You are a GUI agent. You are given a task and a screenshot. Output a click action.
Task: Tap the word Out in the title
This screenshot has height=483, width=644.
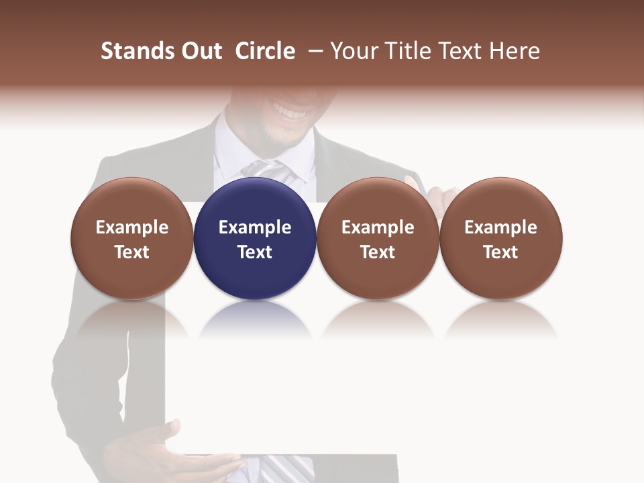199,51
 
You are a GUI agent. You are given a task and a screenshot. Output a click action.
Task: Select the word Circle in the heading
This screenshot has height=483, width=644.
265,51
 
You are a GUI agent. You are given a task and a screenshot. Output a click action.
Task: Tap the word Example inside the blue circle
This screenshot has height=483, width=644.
255,227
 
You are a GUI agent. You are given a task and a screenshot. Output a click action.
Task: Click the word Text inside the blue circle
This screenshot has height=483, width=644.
255,252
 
